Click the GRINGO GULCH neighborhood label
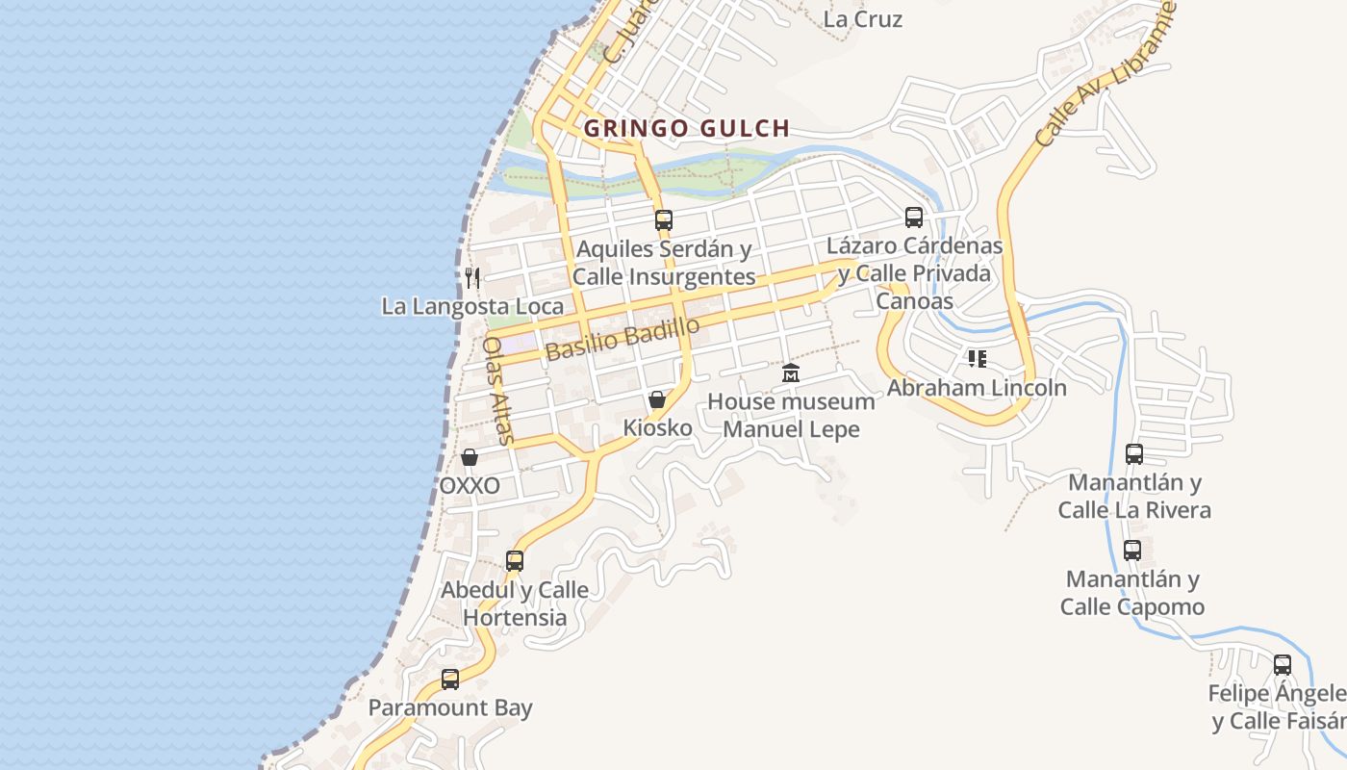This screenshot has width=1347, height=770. [x=687, y=128]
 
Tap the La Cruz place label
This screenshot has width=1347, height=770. [x=863, y=18]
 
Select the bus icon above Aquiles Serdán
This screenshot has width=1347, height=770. [x=664, y=219]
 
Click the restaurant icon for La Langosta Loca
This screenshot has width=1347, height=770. [x=471, y=278]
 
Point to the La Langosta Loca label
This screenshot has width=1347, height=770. [x=472, y=307]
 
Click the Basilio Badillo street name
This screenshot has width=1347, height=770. [x=622, y=339]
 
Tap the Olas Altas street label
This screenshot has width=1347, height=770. [x=499, y=389]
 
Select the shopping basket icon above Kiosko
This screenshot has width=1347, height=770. [x=657, y=398]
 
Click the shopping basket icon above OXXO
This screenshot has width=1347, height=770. [x=470, y=457]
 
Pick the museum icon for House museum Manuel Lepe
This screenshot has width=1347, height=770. [x=791, y=373]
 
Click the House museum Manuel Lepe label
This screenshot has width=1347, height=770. [x=791, y=415]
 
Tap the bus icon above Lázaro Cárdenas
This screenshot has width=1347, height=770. [x=914, y=218]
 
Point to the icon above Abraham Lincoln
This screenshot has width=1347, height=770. [x=978, y=359]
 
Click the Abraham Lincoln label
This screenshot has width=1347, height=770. [x=977, y=388]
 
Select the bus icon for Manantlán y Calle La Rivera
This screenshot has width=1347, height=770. [x=1134, y=453]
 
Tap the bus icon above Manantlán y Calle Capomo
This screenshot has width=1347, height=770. [x=1132, y=551]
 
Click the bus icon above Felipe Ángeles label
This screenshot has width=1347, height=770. [x=1283, y=664]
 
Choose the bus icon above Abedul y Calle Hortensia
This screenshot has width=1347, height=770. [x=515, y=560]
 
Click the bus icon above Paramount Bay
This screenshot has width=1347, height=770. [x=450, y=679]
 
